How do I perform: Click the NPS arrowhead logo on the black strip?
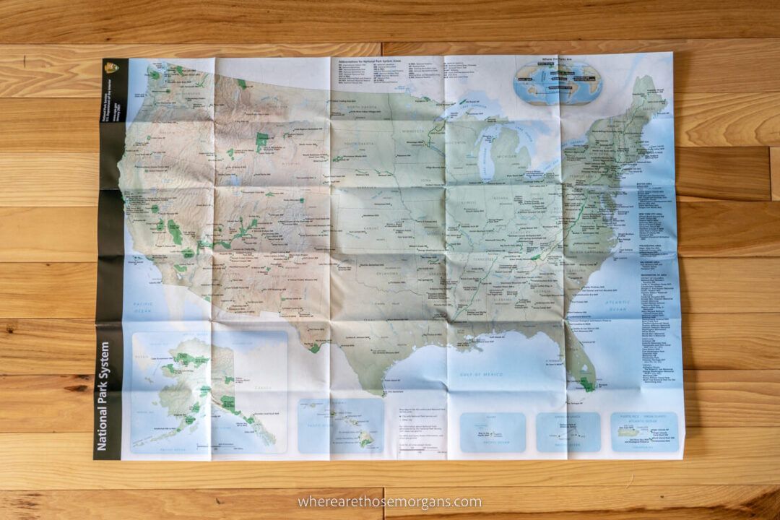112,68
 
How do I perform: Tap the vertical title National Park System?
103,396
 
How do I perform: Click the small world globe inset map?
558,82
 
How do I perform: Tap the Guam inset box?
493,432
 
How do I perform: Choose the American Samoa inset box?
568,432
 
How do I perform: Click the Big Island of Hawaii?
366,438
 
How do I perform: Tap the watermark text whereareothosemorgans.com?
389,501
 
